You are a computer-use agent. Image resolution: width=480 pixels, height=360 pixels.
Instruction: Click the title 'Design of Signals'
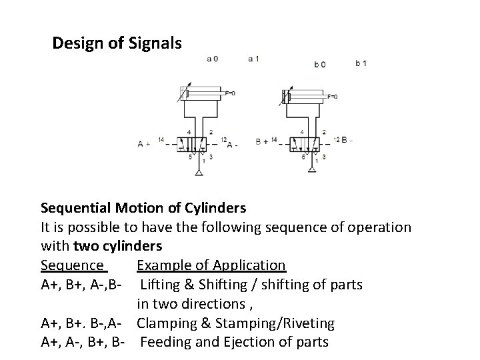[x=116, y=44]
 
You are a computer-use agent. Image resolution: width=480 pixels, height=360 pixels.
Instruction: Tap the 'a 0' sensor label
[x=212, y=59]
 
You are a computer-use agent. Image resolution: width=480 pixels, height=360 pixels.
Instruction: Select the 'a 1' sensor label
[x=253, y=59]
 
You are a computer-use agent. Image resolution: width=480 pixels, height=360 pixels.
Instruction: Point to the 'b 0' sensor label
[x=320, y=65]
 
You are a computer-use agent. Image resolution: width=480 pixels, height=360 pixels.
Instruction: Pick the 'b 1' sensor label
[x=361, y=63]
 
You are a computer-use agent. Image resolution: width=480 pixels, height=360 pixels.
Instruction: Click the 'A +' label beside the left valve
[x=143, y=143]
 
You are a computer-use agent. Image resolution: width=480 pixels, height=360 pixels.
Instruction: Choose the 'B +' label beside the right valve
[x=263, y=142]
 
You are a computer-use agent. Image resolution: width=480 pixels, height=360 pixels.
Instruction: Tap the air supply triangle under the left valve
[x=198, y=173]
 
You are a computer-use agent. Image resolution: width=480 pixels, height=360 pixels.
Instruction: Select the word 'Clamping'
[x=166, y=323]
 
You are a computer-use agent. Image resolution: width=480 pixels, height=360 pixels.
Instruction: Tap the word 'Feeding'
[x=165, y=343]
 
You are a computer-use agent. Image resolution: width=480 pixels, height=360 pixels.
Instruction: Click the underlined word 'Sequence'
[x=73, y=266]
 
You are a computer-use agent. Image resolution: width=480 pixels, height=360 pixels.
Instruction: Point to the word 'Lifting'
[x=159, y=285]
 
